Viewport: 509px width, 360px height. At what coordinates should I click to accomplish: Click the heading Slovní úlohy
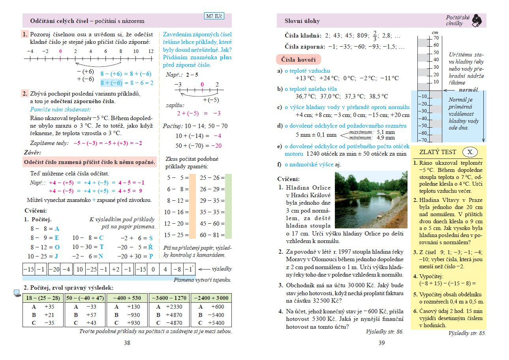(x=302, y=21)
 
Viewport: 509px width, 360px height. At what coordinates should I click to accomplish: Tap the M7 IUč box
(x=214, y=17)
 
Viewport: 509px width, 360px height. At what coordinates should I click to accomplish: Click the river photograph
(x=371, y=200)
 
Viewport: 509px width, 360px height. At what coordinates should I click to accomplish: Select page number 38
(x=127, y=343)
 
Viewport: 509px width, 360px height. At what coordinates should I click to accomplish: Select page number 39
(x=381, y=343)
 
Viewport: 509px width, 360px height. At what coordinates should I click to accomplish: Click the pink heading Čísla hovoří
(x=298, y=60)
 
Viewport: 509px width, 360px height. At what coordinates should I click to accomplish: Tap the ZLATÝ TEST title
(x=438, y=152)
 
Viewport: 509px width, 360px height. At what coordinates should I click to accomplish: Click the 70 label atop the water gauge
(x=436, y=38)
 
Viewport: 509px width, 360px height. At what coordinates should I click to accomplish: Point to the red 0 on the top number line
(x=60, y=51)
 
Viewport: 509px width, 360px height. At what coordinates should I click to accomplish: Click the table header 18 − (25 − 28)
(x=43, y=298)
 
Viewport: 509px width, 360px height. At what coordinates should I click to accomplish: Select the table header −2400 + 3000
(x=211, y=298)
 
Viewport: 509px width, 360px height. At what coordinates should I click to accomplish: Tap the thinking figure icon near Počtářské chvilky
(x=477, y=20)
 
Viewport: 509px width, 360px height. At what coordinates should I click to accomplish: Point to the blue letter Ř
(x=150, y=247)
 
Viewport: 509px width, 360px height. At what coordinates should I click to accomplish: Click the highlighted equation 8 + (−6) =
(x=112, y=83)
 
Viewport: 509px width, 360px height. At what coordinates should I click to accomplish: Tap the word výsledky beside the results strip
(x=222, y=269)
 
